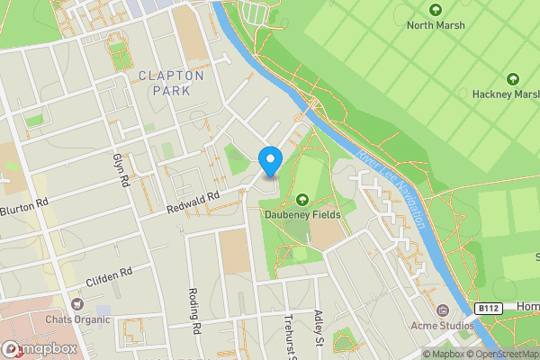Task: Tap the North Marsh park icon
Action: click(x=436, y=10)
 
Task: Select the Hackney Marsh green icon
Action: click(x=514, y=78)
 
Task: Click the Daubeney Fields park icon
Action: click(x=301, y=199)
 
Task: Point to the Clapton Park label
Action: click(x=171, y=84)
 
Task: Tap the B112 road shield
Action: click(x=487, y=308)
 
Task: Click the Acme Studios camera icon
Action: click(x=442, y=309)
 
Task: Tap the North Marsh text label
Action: click(x=436, y=25)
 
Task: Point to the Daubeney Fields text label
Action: click(x=301, y=214)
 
